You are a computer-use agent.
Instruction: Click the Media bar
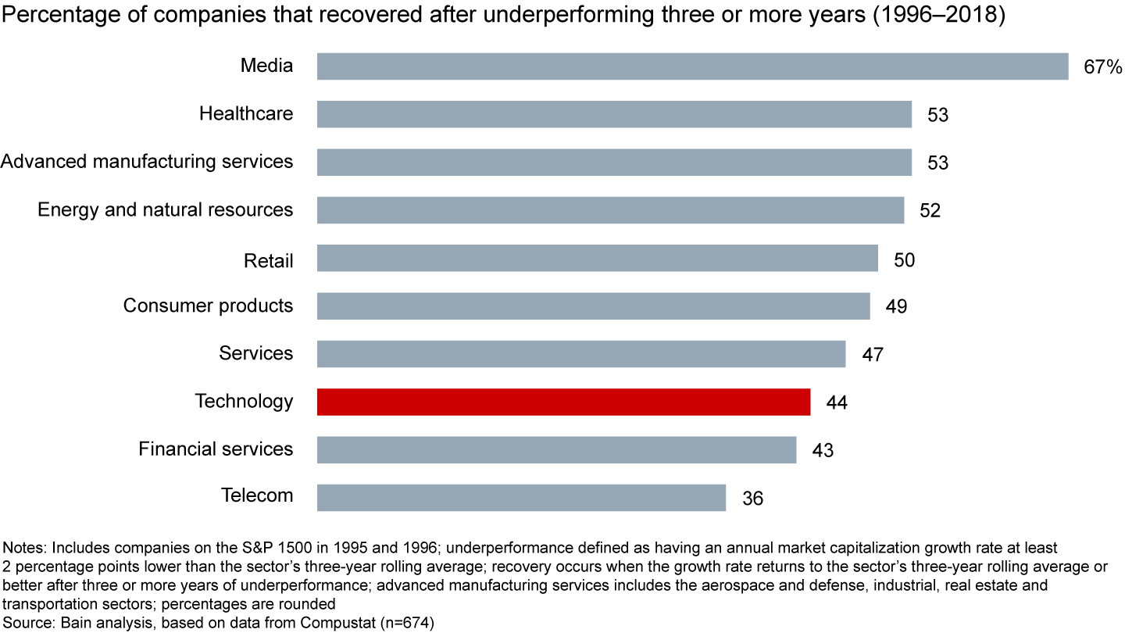pos(692,66)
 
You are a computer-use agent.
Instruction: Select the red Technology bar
pos(563,402)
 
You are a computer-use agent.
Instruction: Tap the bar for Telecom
pos(521,497)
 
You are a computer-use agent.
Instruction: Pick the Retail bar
pos(597,258)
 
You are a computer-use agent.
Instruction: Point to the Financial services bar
pos(556,449)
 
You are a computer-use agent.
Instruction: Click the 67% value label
pos(1102,67)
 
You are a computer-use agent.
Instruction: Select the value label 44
pos(836,402)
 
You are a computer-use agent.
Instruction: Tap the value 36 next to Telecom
pos(752,498)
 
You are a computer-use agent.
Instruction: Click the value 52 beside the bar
pos(930,210)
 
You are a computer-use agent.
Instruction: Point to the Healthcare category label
pos(246,114)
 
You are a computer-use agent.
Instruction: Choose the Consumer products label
pos(208,306)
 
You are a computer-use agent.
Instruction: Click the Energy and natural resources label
pos(165,210)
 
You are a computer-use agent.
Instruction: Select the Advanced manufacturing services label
pos(147,162)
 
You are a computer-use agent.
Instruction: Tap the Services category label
pos(256,353)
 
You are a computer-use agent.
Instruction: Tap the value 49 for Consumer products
pos(896,306)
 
